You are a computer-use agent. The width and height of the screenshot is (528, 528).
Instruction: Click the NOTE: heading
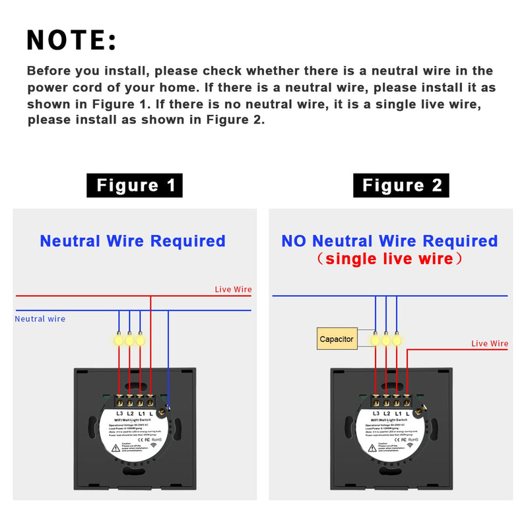pos(71,40)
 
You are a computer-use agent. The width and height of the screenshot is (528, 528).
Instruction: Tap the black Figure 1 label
pos(135,185)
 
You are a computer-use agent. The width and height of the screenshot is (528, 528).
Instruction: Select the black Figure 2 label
pos(401,185)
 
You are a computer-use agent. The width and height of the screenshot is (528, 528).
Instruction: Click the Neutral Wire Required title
pos(133,242)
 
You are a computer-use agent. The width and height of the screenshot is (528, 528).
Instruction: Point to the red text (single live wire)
pos(389,259)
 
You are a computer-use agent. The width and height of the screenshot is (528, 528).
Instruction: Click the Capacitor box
pos(337,339)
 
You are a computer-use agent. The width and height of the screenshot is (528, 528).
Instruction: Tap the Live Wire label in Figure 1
pos(233,290)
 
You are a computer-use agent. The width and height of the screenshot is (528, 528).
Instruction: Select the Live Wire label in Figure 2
pos(490,344)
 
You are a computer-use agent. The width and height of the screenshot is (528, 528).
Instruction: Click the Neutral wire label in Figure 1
pos(40,319)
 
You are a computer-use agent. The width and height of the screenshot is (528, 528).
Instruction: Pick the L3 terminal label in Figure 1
pos(119,414)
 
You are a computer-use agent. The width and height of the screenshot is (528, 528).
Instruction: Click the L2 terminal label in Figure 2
pos(386,414)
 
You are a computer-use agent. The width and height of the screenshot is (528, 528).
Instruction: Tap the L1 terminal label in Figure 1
pos(141,414)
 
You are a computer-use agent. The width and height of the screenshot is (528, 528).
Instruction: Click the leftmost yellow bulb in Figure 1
pos(119,340)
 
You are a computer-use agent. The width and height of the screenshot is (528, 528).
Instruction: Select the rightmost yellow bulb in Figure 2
pos(397,340)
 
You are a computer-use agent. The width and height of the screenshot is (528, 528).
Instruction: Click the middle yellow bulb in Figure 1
pos(129,340)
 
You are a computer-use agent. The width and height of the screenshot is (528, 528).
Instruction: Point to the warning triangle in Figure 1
pos(116,447)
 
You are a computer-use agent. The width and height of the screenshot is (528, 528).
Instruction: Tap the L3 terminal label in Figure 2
pos(376,414)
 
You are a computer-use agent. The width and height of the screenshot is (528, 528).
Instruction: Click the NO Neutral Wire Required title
pos(389,242)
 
